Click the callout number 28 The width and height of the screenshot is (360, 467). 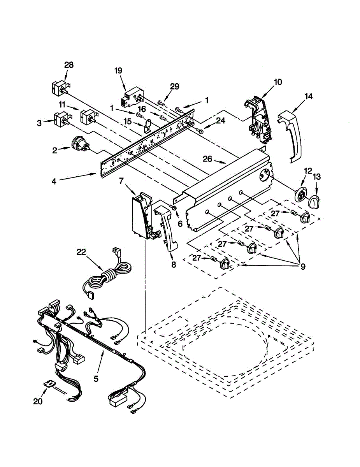pyautogui.click(x=68, y=65)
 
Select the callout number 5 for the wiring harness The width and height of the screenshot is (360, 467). pyautogui.click(x=97, y=377)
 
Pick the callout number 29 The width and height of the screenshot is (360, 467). pyautogui.click(x=174, y=86)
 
